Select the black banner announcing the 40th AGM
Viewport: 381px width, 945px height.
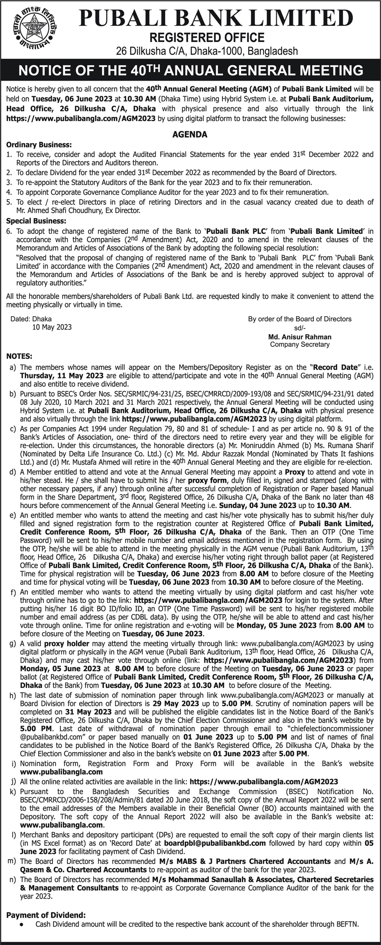coord(190,71)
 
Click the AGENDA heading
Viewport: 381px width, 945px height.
coord(190,135)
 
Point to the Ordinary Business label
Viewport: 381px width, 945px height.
coord(39,145)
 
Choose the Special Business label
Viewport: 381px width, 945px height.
coord(36,221)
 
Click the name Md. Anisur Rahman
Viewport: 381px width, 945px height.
coord(300,337)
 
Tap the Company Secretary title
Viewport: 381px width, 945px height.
coord(300,344)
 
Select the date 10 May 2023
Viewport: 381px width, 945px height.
coord(52,327)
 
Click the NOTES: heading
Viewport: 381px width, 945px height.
coord(20,356)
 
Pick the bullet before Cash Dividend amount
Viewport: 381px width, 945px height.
coord(22,924)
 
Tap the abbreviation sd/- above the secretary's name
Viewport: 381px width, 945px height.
coord(300,328)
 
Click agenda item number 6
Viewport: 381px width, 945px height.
coord(9,231)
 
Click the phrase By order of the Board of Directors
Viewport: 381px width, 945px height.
coord(300,319)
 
